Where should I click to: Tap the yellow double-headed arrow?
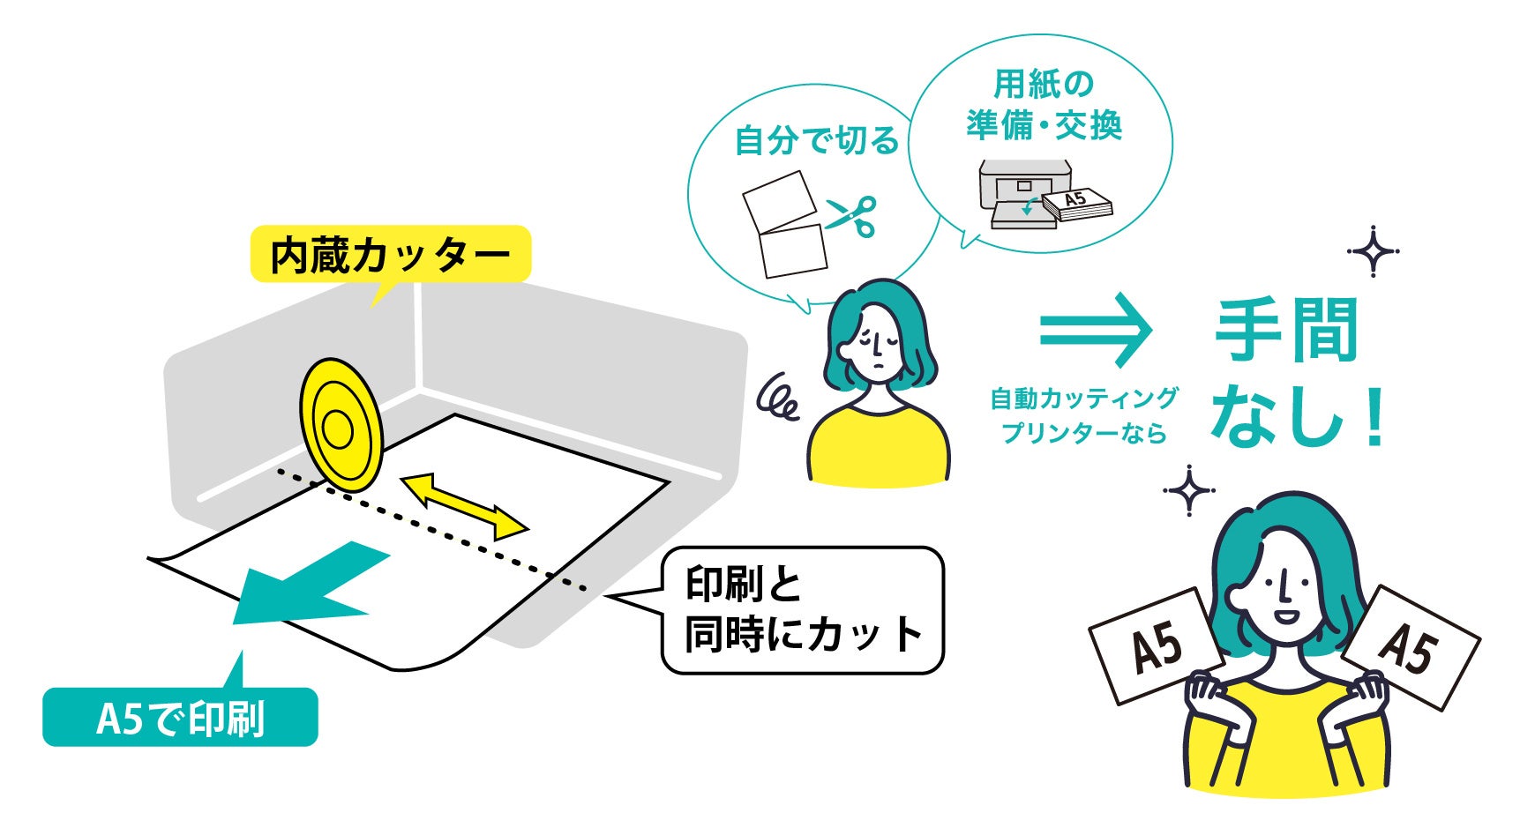point(464,506)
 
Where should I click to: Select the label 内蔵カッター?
point(390,255)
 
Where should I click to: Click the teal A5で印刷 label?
point(180,718)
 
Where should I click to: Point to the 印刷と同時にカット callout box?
point(802,610)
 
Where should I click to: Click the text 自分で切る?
point(816,141)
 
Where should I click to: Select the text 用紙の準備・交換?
point(1044,106)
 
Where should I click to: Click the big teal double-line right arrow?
point(1096,329)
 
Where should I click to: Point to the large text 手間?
point(1285,331)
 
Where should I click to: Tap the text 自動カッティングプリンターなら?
point(1083,415)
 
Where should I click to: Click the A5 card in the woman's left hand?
point(1156,646)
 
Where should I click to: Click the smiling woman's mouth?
point(1287,615)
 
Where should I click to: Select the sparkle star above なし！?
point(1373,251)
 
